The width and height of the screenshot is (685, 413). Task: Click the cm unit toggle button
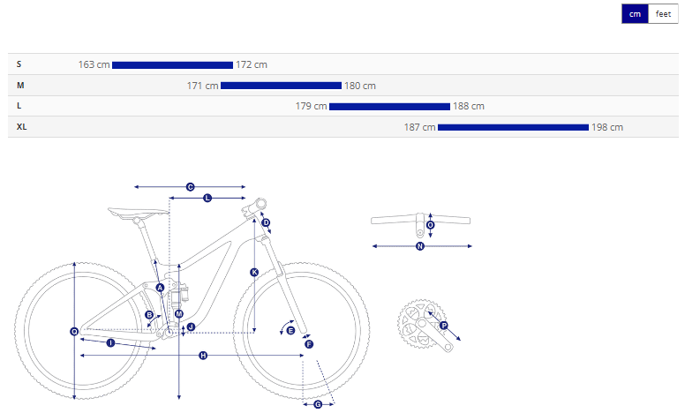[635, 14]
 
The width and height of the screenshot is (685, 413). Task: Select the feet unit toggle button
[663, 14]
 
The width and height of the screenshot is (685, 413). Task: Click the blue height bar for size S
[172, 65]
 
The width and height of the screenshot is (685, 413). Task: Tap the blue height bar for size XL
[513, 127]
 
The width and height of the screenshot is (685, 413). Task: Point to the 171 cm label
[202, 86]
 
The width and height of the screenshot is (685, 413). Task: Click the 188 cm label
[469, 106]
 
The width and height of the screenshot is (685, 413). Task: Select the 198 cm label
[607, 127]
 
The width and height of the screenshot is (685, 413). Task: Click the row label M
[20, 85]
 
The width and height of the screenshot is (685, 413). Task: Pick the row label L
[19, 106]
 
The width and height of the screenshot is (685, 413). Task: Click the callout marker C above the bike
[190, 187]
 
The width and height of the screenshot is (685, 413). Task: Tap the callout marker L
[207, 198]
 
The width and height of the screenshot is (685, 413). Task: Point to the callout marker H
[203, 356]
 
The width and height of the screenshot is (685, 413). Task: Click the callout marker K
[254, 273]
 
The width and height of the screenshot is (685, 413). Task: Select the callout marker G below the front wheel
[318, 405]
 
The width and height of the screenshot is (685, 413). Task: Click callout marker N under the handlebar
[420, 246]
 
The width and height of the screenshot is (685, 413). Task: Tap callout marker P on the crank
[444, 326]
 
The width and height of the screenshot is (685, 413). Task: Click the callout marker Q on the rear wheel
[74, 332]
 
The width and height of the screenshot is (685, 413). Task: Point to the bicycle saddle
[138, 213]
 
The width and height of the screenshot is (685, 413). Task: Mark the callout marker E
[290, 330]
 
